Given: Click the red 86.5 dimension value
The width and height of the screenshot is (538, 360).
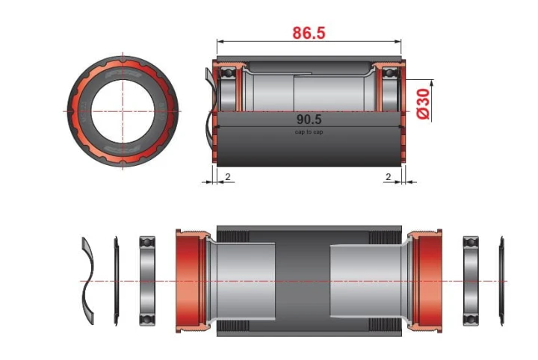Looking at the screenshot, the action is coord(309,33).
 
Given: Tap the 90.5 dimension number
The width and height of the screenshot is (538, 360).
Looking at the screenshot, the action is coord(309,120).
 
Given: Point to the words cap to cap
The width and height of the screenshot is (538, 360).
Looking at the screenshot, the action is coord(309,131).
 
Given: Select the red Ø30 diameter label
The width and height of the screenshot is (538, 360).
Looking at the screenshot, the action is coord(423,104).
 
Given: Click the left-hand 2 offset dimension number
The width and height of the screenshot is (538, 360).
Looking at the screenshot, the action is coord(227,176).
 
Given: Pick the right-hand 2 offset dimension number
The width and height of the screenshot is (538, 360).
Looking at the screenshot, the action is coord(388,176).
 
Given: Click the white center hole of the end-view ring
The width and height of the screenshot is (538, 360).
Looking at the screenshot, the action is coord(123,111).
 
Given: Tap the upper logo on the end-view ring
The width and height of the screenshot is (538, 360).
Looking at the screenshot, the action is coord(123,74).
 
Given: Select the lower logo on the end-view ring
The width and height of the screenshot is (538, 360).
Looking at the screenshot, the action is coord(123,149).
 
